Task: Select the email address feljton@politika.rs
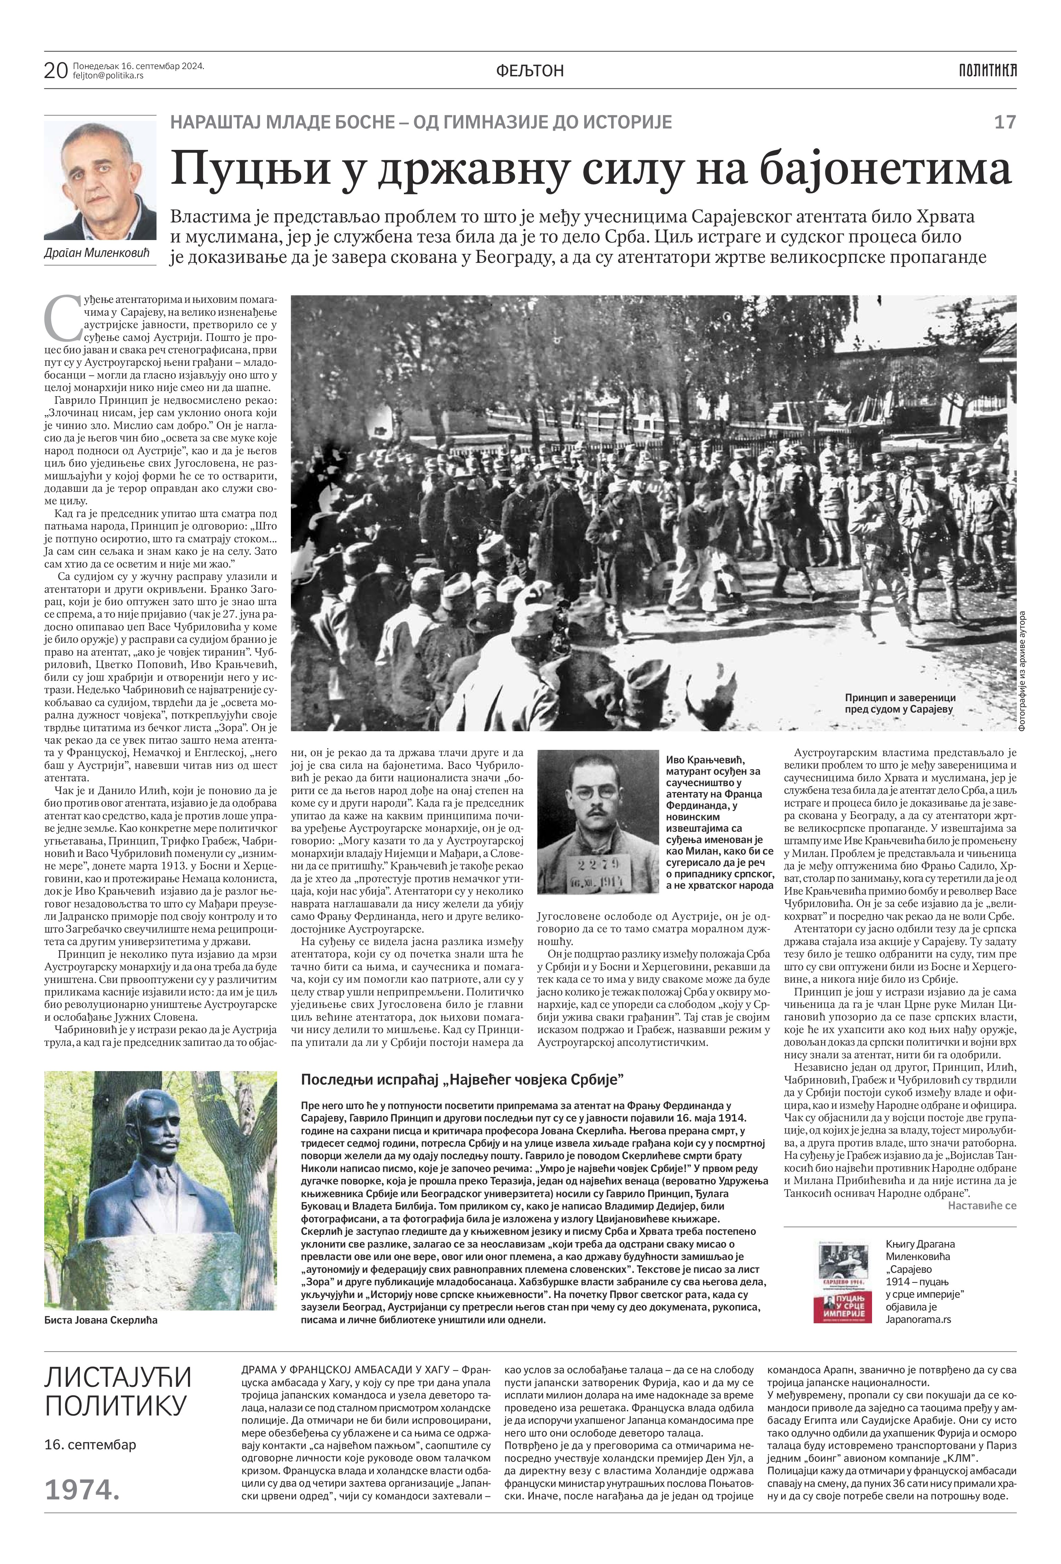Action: [x=108, y=76]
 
